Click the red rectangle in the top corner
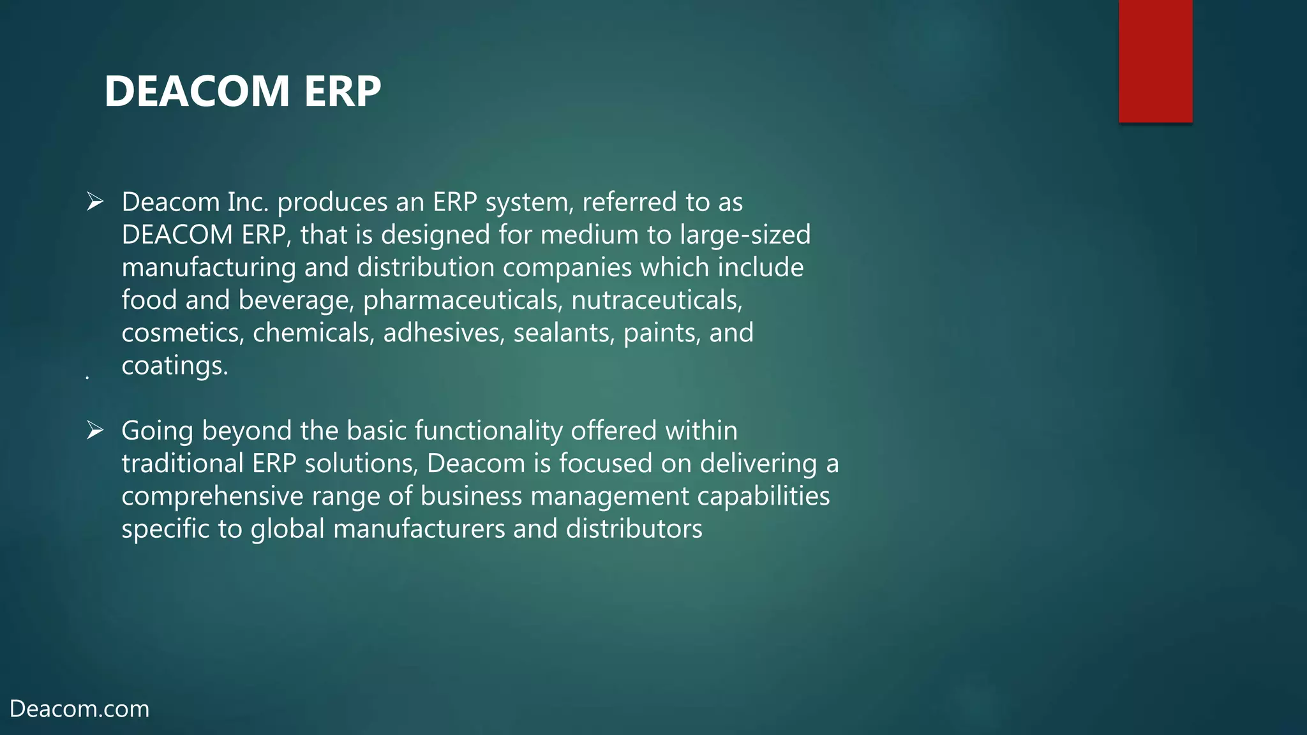(x=1155, y=61)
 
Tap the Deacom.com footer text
(x=80, y=709)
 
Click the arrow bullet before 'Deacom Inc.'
(x=95, y=202)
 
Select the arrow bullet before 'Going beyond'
(x=95, y=431)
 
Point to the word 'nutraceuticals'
(x=657, y=301)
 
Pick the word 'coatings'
(x=174, y=366)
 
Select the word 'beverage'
(x=296, y=301)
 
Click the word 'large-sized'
(x=745, y=235)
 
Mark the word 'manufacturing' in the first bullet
(x=209, y=267)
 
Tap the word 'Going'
(x=157, y=431)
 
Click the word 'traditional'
(x=183, y=463)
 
